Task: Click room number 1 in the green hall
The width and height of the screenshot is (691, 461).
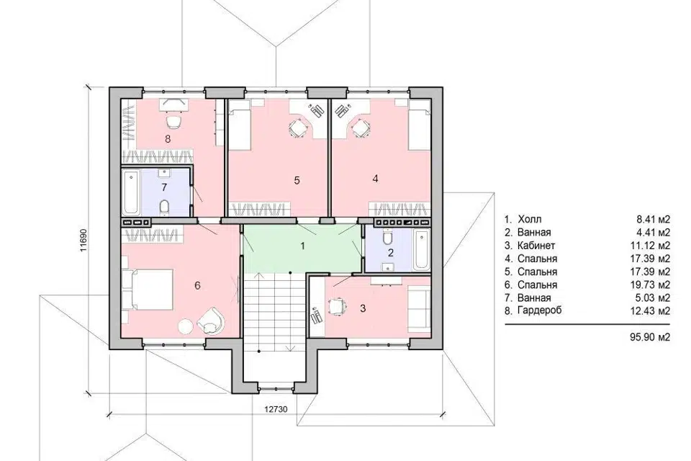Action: pyautogui.click(x=302, y=246)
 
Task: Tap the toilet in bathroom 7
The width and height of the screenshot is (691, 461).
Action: pyautogui.click(x=164, y=207)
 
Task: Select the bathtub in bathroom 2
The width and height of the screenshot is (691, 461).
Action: pyautogui.click(x=421, y=250)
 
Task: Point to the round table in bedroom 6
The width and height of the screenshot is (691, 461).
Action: pyautogui.click(x=185, y=326)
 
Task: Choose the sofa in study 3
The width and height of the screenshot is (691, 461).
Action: pyautogui.click(x=418, y=308)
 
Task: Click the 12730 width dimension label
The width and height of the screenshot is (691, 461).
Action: pyautogui.click(x=276, y=409)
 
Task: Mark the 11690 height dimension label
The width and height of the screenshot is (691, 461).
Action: pyautogui.click(x=83, y=240)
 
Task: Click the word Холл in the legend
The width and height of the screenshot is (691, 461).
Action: pyautogui.click(x=530, y=219)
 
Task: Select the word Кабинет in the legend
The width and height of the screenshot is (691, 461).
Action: pyautogui.click(x=536, y=246)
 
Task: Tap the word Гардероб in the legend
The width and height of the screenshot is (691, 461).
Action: pyautogui.click(x=540, y=310)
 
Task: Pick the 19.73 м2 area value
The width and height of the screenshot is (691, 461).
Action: pyautogui.click(x=651, y=285)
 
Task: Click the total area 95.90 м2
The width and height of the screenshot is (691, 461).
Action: pyautogui.click(x=651, y=338)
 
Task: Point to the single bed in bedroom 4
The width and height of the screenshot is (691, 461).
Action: pyautogui.click(x=419, y=125)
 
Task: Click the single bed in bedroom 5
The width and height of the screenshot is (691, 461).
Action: pyautogui.click(x=239, y=125)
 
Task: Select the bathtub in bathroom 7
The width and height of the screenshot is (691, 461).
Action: pyautogui.click(x=131, y=192)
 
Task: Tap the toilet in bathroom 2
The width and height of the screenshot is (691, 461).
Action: pyautogui.click(x=388, y=238)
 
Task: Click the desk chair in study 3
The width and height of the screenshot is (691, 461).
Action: pyautogui.click(x=336, y=305)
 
